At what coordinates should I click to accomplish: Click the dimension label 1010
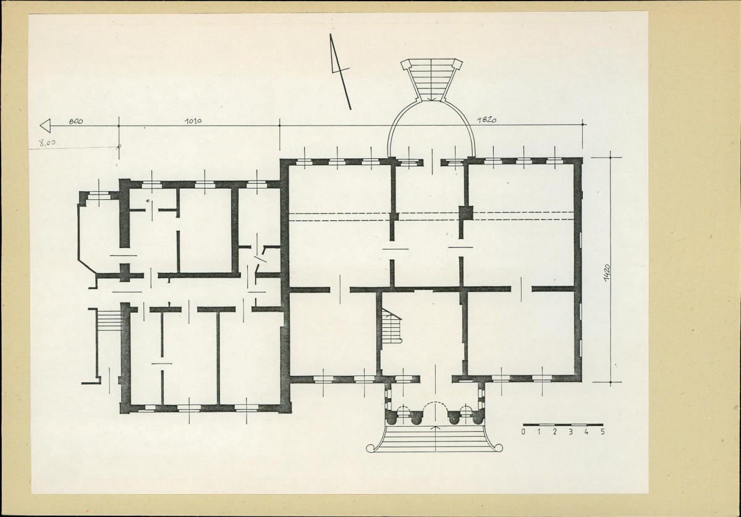(193, 121)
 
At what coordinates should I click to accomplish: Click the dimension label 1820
(486, 120)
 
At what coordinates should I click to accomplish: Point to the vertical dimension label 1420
(607, 272)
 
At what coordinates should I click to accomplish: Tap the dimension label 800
(75, 121)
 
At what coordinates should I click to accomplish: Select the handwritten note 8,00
(49, 142)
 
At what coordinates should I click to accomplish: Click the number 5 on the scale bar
(603, 432)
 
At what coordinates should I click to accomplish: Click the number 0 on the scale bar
(523, 432)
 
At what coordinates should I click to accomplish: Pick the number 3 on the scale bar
(571, 432)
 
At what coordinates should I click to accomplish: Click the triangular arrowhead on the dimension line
(45, 126)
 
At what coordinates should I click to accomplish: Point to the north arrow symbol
(340, 72)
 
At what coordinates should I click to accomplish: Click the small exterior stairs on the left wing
(109, 320)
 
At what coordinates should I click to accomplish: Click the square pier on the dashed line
(467, 213)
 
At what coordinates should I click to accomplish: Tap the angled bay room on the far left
(100, 233)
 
